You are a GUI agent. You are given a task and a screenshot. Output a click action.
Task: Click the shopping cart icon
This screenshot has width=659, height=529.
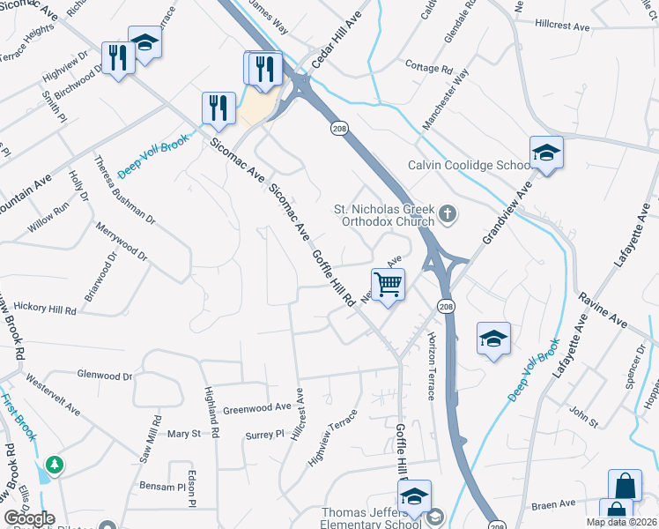pos(388,285)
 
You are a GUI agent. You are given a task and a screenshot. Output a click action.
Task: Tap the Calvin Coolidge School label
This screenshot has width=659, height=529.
pos(468,165)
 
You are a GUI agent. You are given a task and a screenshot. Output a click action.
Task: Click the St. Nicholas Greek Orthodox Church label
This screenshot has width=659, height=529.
pos(384,215)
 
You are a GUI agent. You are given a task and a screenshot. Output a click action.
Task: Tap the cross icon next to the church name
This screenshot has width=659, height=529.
pos(448,213)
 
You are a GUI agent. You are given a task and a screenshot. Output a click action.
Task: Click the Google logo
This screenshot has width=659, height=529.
pos(29,518)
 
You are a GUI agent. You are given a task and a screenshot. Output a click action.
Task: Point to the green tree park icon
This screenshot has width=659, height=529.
pos(55,464)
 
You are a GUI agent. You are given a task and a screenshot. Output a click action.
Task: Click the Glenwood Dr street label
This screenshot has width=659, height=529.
pos(104,376)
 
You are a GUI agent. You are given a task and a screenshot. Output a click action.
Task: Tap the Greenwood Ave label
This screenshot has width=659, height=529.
pos(256,408)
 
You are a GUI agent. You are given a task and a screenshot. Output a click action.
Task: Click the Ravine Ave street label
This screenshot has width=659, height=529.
pos(602,312)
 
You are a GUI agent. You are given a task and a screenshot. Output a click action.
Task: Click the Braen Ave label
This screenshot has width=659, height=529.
pos(552,505)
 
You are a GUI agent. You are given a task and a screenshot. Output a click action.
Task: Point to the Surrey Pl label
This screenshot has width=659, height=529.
pos(264,434)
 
